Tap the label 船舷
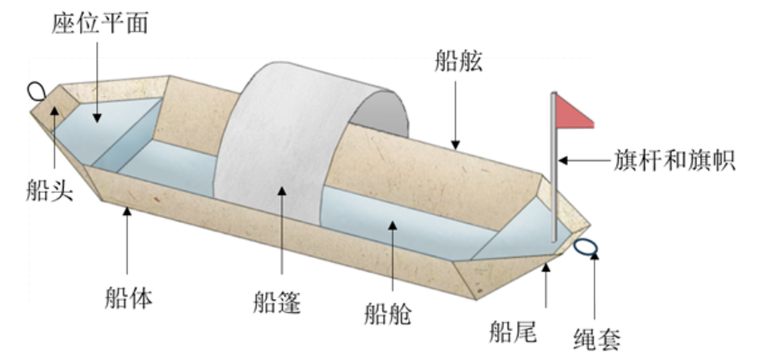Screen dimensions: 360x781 click(x=459, y=60)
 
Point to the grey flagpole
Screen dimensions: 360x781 click(x=554, y=184)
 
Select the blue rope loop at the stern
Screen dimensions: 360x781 click(x=586, y=246)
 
